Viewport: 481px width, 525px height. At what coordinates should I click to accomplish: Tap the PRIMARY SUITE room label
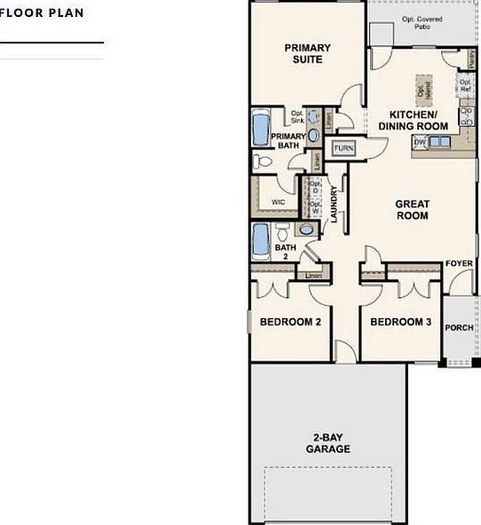click(307, 54)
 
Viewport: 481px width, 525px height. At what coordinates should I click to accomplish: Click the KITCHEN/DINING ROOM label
click(414, 121)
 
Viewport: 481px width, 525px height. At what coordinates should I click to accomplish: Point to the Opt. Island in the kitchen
click(422, 87)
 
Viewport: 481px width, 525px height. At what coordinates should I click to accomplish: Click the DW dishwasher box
click(420, 141)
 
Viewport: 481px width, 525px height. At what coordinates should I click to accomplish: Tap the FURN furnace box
click(343, 148)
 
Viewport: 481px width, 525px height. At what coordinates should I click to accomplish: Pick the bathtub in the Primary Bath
click(261, 130)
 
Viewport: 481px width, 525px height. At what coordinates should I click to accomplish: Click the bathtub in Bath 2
click(261, 239)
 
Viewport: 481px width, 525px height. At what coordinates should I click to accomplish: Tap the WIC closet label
click(278, 202)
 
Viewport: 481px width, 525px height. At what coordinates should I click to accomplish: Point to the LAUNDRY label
click(334, 203)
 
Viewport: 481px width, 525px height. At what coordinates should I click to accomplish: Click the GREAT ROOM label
click(412, 210)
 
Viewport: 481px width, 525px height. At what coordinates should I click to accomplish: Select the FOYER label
click(459, 264)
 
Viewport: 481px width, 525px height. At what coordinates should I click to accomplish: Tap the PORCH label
click(459, 327)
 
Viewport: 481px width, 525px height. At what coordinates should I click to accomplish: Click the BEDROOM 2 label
click(290, 322)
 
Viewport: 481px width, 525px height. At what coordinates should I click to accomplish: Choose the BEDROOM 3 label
click(400, 322)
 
